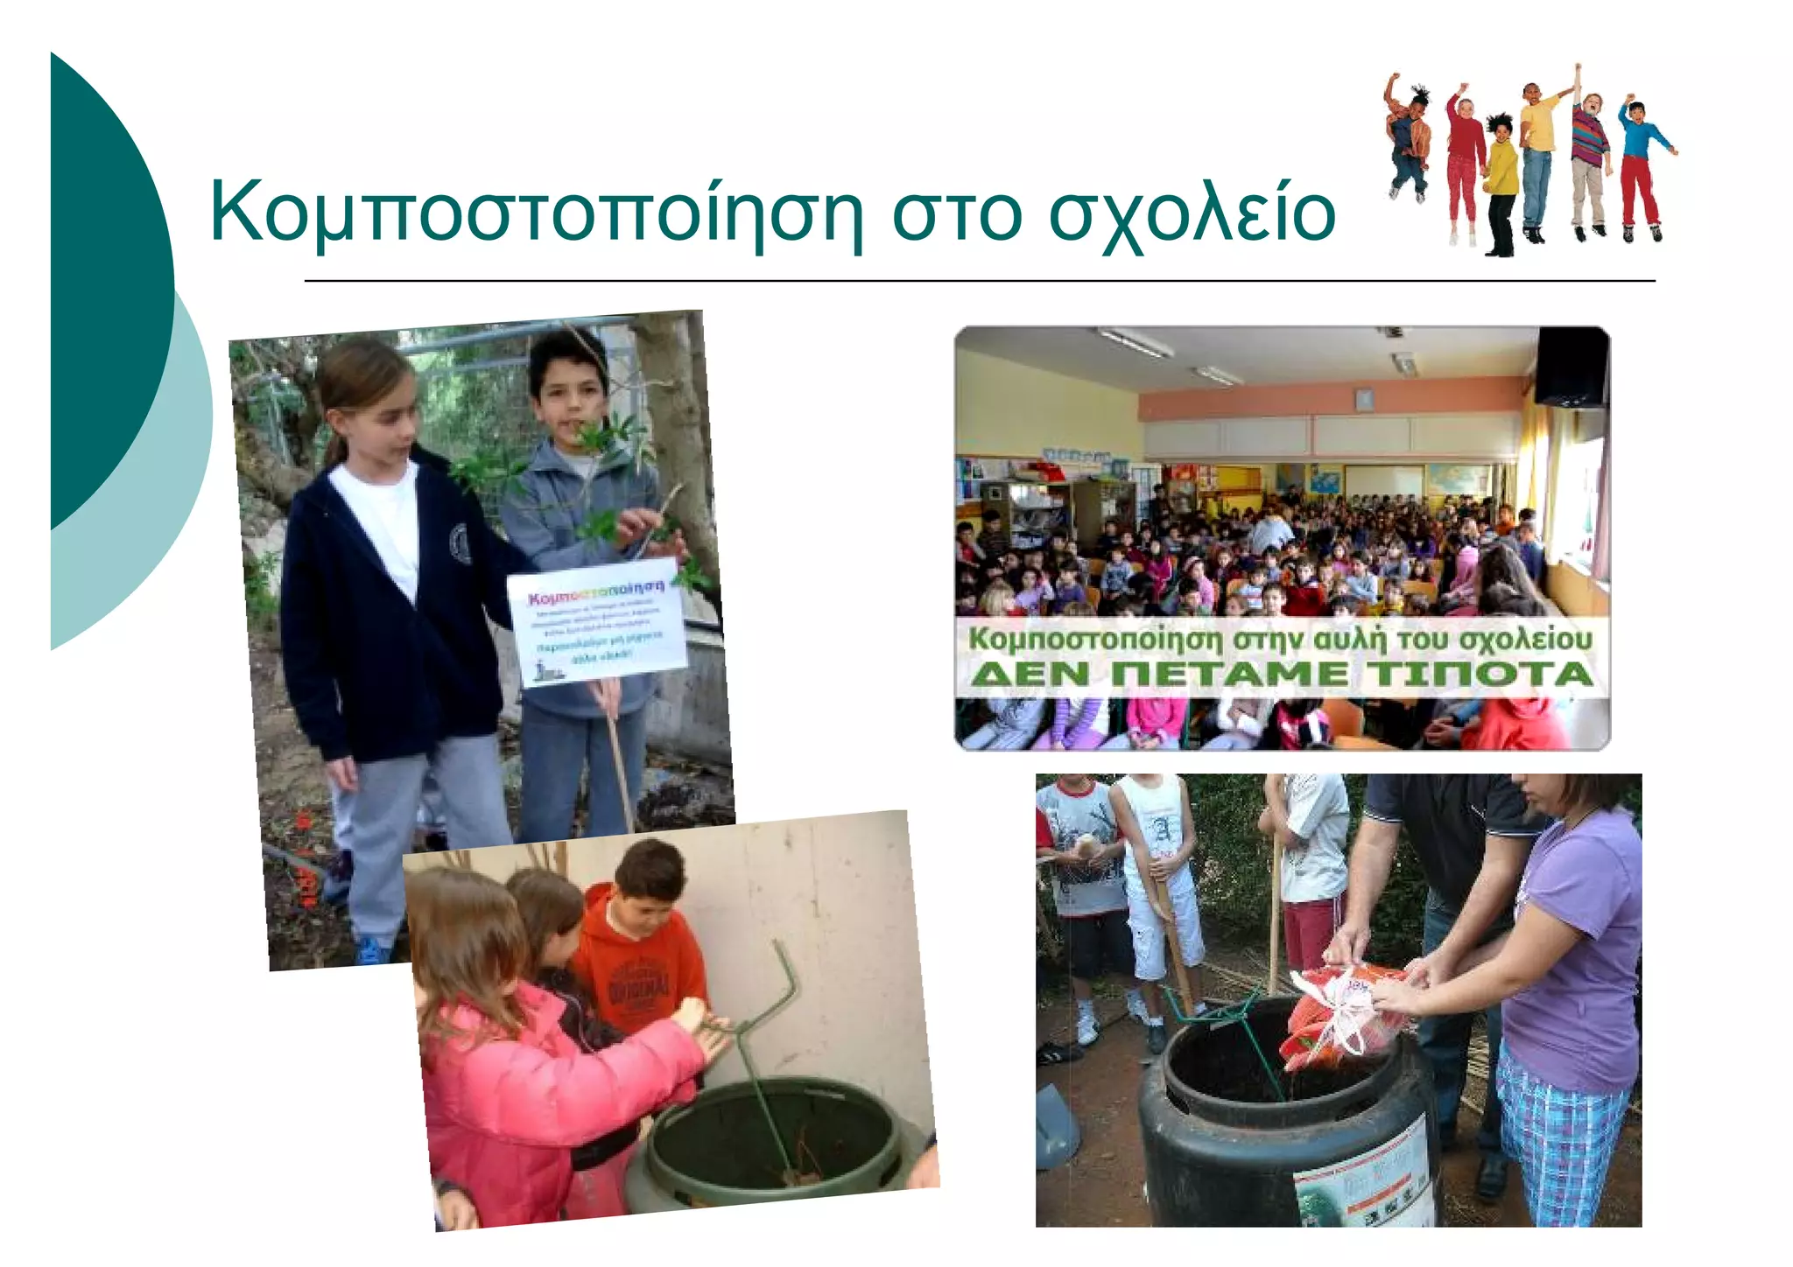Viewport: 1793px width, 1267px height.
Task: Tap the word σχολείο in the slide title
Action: coord(1191,213)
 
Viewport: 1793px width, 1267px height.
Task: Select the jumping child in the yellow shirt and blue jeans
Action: coord(1537,157)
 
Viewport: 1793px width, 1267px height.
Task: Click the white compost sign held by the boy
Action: coord(599,623)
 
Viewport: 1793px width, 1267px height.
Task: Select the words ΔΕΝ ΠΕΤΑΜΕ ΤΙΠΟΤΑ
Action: coord(1281,675)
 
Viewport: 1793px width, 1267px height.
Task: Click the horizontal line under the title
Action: coord(979,281)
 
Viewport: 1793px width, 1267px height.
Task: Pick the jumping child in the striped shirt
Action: coord(1589,162)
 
